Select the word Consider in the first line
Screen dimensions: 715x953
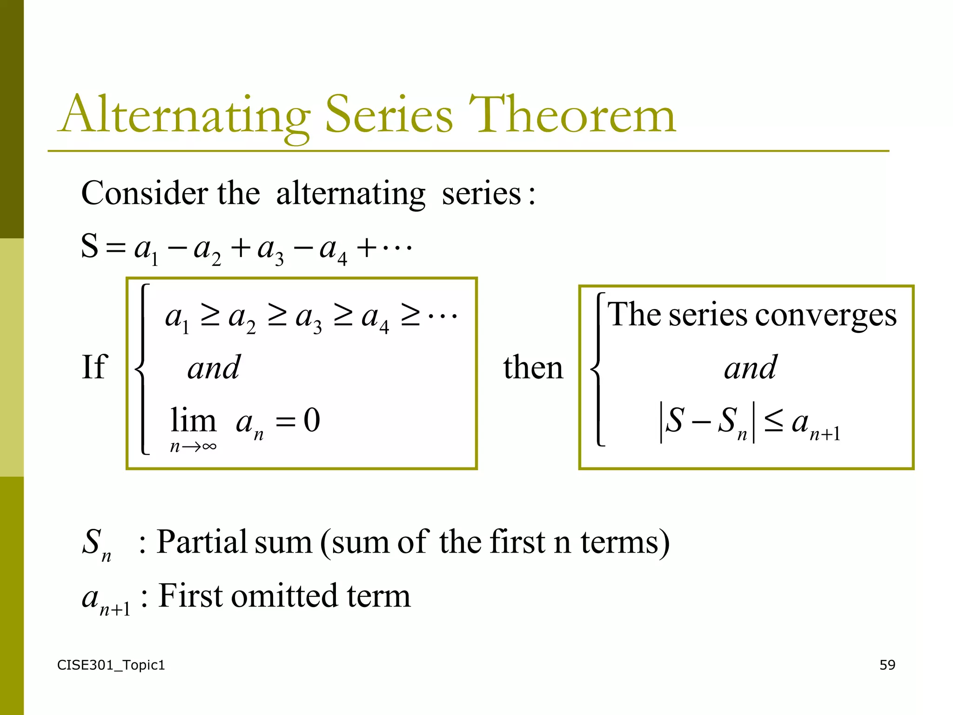tap(144, 193)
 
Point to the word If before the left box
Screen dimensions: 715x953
tap(94, 367)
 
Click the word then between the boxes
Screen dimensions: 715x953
tap(533, 368)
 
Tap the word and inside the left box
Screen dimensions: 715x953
tap(214, 368)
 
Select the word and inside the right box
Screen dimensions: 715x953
tap(750, 368)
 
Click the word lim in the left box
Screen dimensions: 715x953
tap(193, 420)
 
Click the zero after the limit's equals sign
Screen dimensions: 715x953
tap(312, 420)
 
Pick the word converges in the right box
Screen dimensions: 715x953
tap(825, 316)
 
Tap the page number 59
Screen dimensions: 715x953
tap(887, 665)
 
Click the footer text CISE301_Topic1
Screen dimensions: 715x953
tap(111, 665)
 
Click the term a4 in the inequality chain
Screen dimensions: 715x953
tap(375, 319)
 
